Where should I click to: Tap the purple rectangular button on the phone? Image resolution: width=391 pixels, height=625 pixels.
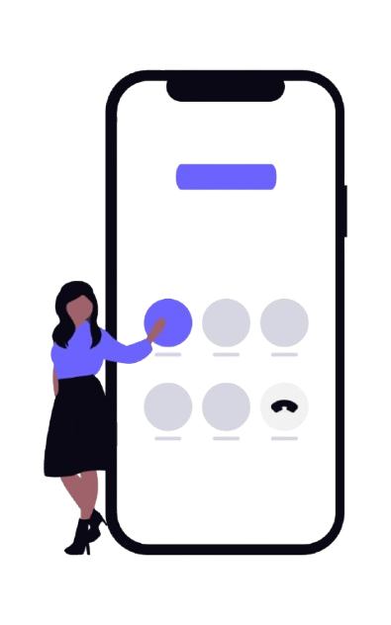click(x=226, y=176)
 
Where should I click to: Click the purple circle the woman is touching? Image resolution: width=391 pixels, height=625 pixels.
click(x=168, y=321)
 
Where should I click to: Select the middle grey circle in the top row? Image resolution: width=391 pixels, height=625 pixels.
click(x=226, y=321)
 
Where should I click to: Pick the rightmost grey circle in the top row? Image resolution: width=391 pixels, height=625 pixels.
click(x=284, y=321)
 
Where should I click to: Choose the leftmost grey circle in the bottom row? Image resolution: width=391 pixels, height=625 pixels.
click(x=168, y=406)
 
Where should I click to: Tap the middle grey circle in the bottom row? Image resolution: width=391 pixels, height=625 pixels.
click(x=226, y=406)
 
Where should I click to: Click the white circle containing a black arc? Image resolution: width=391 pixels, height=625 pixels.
click(x=284, y=406)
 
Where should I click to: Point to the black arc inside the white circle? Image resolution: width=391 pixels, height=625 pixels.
click(x=284, y=405)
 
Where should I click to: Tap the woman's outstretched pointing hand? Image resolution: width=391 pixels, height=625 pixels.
click(x=152, y=335)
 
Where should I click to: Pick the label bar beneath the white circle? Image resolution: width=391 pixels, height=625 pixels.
click(x=284, y=438)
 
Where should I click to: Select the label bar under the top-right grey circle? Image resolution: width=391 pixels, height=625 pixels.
click(x=284, y=353)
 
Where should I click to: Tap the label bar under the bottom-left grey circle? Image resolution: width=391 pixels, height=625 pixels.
click(x=168, y=438)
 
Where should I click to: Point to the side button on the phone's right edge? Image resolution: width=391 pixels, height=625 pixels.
click(x=345, y=210)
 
